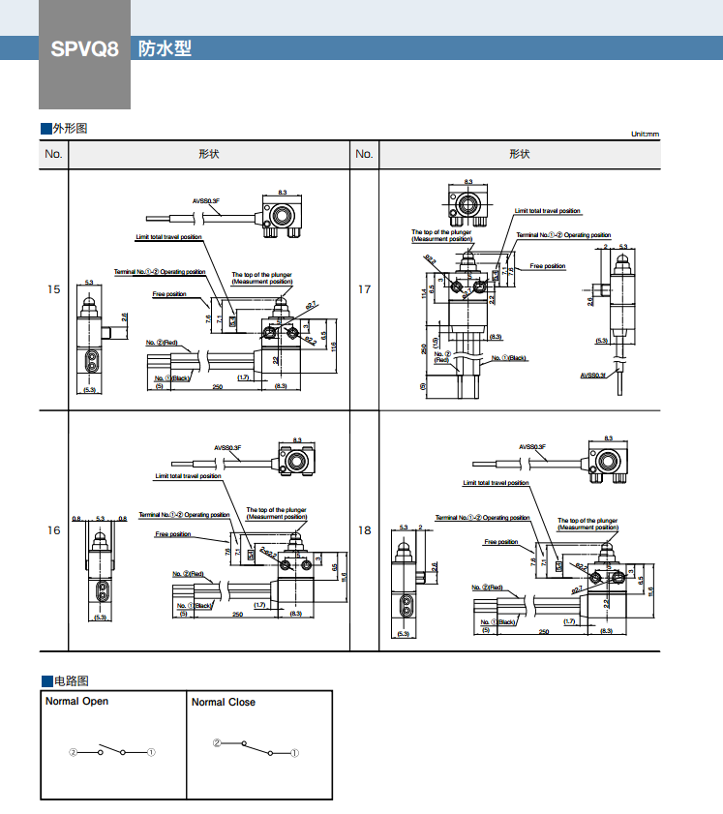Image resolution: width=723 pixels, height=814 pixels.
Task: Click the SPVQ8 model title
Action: pyautogui.click(x=84, y=48)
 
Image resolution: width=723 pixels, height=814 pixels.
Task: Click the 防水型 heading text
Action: pyautogui.click(x=165, y=48)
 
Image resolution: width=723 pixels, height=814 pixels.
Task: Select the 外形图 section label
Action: pyautogui.click(x=69, y=129)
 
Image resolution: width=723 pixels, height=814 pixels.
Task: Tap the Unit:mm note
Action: pyautogui.click(x=644, y=135)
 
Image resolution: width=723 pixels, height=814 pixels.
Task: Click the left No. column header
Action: pyautogui.click(x=53, y=154)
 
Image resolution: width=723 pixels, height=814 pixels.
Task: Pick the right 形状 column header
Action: pyautogui.click(x=520, y=154)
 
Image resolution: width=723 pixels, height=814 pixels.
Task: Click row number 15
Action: pyautogui.click(x=53, y=289)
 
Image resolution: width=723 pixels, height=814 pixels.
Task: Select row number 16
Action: pyautogui.click(x=53, y=529)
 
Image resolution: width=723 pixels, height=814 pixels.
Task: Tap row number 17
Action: pyautogui.click(x=364, y=289)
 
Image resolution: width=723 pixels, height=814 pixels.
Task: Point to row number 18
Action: pyautogui.click(x=364, y=529)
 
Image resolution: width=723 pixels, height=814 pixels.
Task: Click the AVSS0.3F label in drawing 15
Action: pyautogui.click(x=205, y=201)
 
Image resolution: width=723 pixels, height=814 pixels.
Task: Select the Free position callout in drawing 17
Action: pyautogui.click(x=547, y=266)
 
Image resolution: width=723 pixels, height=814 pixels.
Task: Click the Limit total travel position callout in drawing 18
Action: pyautogui.click(x=496, y=482)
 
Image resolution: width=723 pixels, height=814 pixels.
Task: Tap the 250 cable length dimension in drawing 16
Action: pyautogui.click(x=236, y=615)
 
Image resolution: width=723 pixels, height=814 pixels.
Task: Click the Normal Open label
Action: pyautogui.click(x=77, y=702)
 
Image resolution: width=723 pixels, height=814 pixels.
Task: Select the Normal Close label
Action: pyautogui.click(x=223, y=702)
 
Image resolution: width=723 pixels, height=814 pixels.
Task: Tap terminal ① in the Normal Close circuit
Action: pyautogui.click(x=294, y=752)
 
